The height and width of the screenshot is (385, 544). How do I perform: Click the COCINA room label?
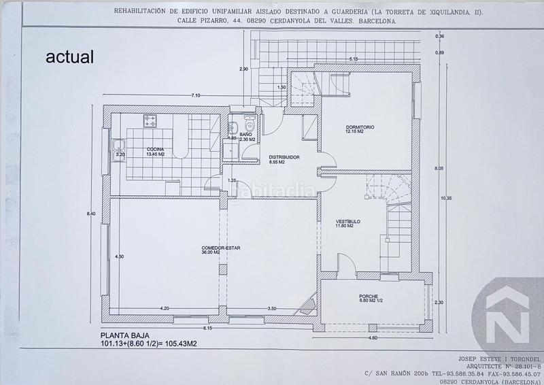click(x=154, y=149)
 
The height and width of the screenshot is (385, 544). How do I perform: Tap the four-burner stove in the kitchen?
click(x=151, y=121)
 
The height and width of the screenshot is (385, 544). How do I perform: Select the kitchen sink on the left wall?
click(x=118, y=144)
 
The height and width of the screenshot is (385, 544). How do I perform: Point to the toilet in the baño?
click(x=249, y=126)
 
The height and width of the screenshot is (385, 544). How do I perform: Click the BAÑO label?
click(x=245, y=135)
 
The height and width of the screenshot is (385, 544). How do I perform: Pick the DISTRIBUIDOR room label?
click(x=280, y=158)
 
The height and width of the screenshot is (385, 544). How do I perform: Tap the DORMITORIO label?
click(x=359, y=128)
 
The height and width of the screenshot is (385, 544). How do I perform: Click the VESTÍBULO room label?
click(x=347, y=222)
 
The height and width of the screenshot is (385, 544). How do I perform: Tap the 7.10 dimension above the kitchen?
click(x=196, y=95)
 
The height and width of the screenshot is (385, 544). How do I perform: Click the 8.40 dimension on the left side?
click(x=92, y=212)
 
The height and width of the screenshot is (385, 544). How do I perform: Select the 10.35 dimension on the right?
click(x=445, y=198)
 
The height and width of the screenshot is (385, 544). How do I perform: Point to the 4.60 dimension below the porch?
click(x=372, y=337)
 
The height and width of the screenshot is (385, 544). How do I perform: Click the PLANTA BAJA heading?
click(x=124, y=335)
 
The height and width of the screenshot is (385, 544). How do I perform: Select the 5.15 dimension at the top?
click(x=354, y=59)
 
